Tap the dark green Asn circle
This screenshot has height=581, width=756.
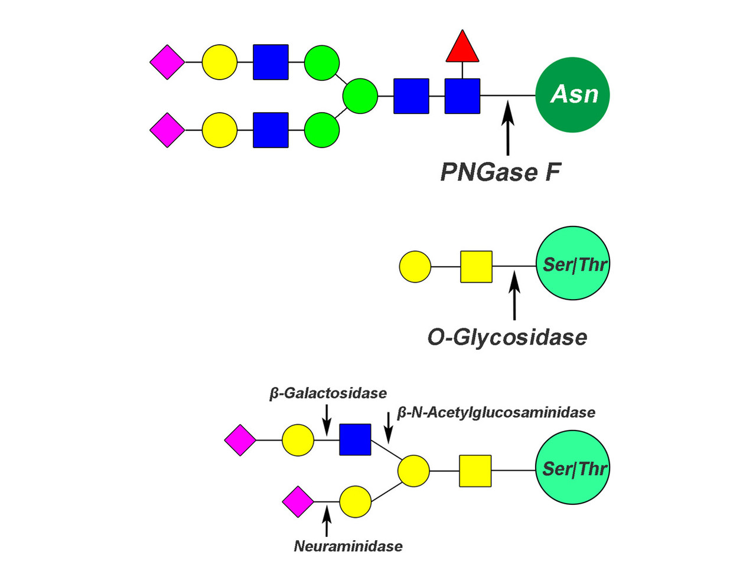[x=572, y=94]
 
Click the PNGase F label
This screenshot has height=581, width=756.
[x=500, y=172]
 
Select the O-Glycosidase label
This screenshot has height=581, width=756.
[x=507, y=337]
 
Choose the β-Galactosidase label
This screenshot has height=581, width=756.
[x=328, y=393]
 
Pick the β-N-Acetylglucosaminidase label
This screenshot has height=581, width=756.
[x=496, y=412]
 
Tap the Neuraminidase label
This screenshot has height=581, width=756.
[x=348, y=546]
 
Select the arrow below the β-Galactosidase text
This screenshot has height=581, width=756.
[x=327, y=421]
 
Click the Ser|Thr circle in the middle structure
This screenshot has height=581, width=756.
[x=573, y=263]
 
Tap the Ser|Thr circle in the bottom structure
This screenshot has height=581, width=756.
[x=573, y=468]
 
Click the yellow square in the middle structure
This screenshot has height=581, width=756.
[x=476, y=267]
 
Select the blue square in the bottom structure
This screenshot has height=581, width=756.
[x=355, y=439]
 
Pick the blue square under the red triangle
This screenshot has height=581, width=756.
[x=462, y=96]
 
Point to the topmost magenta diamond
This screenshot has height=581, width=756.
[x=167, y=61]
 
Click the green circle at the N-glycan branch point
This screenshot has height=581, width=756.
[x=360, y=96]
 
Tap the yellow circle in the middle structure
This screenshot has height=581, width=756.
[x=415, y=267]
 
